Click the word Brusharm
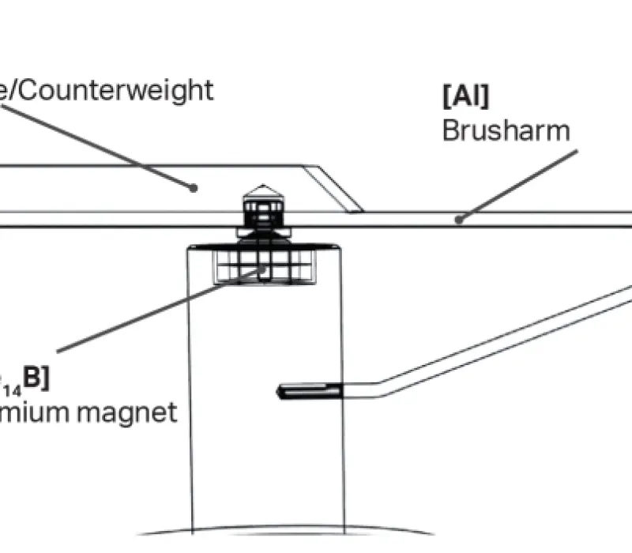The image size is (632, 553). coord(506,130)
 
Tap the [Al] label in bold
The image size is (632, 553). coord(465,97)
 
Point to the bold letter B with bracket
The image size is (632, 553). coord(35,378)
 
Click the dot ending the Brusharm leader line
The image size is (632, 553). coord(458,220)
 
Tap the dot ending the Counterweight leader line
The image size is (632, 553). coord(192,187)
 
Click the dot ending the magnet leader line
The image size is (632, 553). coord(263,270)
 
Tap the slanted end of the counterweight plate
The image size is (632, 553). coord(333,188)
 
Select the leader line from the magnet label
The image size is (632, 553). coord(158,310)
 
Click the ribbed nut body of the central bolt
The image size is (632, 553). coord(263,211)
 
